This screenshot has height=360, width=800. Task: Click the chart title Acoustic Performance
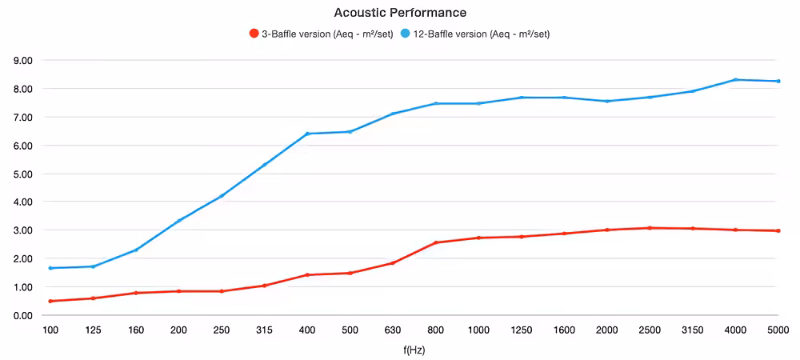point(399,11)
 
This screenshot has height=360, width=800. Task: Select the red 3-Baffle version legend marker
point(253,34)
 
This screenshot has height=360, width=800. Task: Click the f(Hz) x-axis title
point(414,351)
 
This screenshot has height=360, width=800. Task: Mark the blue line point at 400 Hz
point(307,134)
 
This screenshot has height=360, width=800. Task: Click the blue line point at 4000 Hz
point(736,79)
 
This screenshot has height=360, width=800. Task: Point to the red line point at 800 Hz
point(436,242)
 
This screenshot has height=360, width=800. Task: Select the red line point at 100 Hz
point(50,302)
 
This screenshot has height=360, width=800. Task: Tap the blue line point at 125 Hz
point(94,266)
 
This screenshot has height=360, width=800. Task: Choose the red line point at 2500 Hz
point(650,228)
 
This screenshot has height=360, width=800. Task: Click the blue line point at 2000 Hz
point(607,101)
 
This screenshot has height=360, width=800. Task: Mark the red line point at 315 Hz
point(264,286)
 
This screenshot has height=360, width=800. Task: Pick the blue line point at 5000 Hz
point(778,81)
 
